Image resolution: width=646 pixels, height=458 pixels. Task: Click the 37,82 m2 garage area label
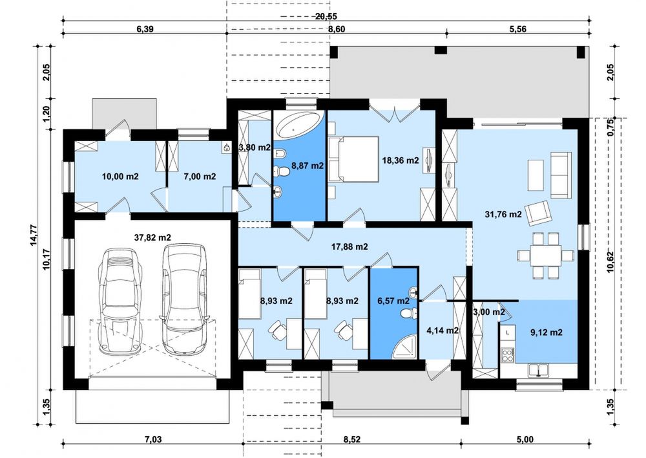[152, 237]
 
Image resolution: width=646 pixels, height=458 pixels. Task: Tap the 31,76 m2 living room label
[503, 215]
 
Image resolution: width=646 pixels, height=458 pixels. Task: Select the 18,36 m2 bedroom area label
[401, 160]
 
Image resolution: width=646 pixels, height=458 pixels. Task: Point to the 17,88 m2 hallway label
[349, 246]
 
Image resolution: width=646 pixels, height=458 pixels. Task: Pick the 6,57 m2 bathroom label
[393, 301]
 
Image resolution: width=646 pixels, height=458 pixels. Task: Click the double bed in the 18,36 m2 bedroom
[353, 159]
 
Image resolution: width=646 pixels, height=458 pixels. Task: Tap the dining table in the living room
[546, 256]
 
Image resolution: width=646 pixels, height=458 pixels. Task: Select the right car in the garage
[184, 299]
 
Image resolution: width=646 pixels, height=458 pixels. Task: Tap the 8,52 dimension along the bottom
[352, 440]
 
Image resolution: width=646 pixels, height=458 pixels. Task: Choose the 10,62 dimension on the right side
[610, 261]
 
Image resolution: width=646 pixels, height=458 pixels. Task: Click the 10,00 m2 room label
[120, 177]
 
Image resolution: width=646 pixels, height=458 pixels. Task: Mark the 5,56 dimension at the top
[518, 29]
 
